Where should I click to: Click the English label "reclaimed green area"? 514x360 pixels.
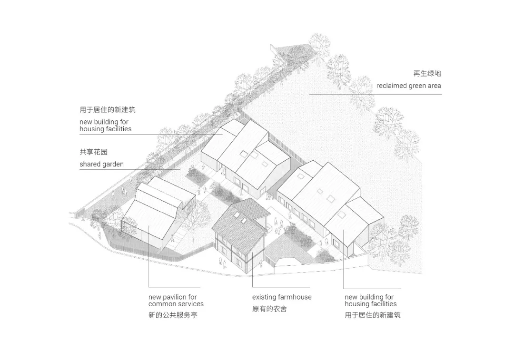[408, 86]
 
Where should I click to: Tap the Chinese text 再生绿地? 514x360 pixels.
[427, 73]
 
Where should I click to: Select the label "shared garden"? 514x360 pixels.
[102, 164]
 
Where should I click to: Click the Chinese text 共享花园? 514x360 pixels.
[93, 152]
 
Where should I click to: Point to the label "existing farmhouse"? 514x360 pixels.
[282, 297]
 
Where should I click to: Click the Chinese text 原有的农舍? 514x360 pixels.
[269, 309]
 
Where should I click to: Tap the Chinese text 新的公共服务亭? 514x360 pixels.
[173, 315]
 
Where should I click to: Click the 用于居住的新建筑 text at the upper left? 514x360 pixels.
[107, 109]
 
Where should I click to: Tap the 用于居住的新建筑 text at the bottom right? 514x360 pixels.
[372, 315]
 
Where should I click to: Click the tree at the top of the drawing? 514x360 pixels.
[319, 45]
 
